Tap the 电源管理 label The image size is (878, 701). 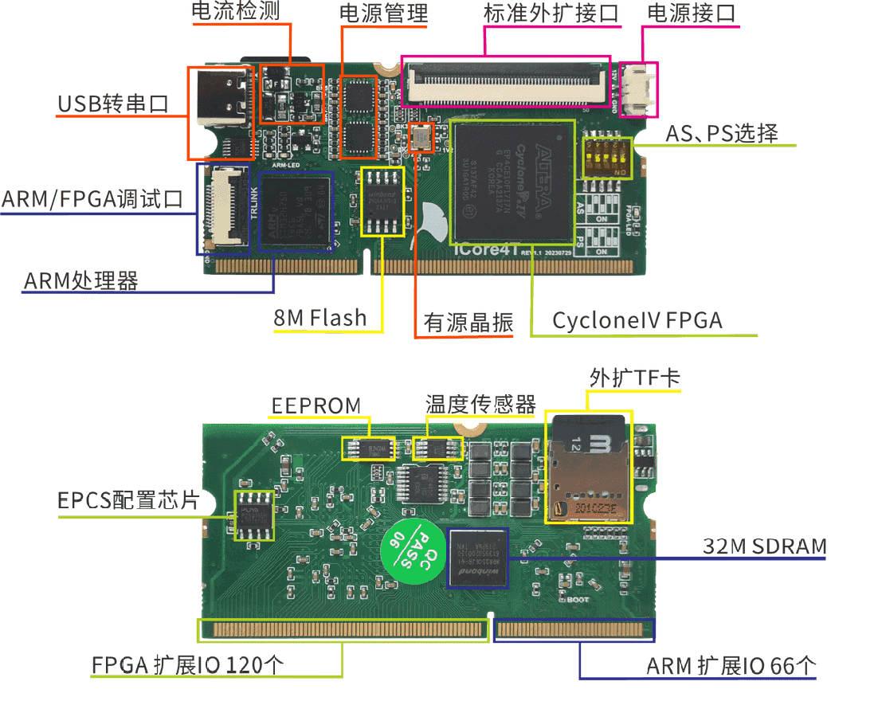click(x=383, y=14)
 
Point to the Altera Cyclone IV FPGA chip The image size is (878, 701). click(x=512, y=182)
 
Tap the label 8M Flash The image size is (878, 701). click(x=320, y=319)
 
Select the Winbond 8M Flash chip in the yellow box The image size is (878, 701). click(x=383, y=202)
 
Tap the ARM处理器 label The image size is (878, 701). click(x=81, y=280)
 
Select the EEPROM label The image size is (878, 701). click(x=316, y=405)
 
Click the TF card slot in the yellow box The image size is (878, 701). click(x=587, y=468)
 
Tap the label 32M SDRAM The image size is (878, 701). click(x=765, y=546)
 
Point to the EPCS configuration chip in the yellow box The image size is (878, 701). click(x=254, y=516)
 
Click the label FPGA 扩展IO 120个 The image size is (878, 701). click(x=187, y=665)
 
